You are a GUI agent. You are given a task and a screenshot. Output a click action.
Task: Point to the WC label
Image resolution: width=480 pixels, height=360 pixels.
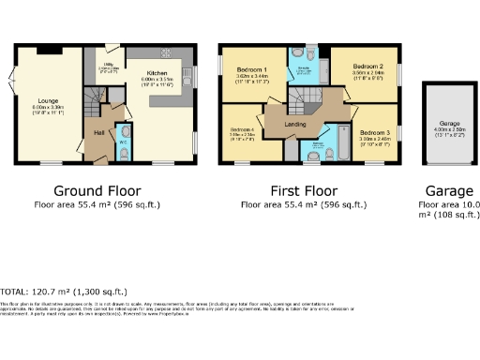(123, 142)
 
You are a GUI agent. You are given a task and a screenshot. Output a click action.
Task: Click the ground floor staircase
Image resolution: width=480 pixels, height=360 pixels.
(93, 99)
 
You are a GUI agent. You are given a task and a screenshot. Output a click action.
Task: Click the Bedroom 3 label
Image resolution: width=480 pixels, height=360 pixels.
(374, 133)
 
